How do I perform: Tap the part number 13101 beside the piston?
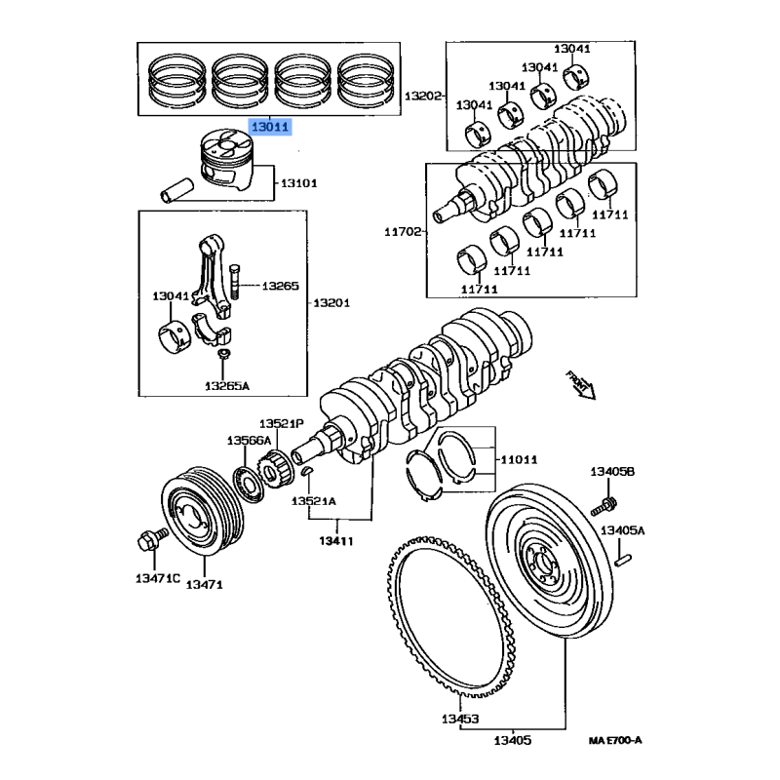tap(299, 183)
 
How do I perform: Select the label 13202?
tap(424, 96)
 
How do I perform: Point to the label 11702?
tap(402, 232)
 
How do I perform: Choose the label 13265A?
tap(227, 386)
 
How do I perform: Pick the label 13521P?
tap(282, 423)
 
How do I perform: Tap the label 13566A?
tap(250, 441)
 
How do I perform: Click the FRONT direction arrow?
tap(581, 384)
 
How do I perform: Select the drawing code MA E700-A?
tap(614, 741)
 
